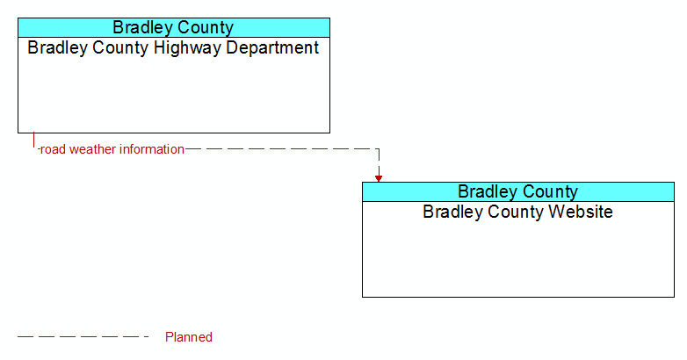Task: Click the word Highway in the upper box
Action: pos(187,48)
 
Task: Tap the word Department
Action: pos(272,47)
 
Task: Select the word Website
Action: pos(581,212)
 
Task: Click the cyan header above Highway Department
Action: pos(174,27)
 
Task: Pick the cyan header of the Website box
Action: pos(518,191)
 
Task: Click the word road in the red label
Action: pos(53,149)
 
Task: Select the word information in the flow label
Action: pos(152,149)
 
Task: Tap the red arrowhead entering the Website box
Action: pos(379,178)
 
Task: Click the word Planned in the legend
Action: pos(189,337)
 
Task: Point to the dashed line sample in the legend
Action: pos(83,337)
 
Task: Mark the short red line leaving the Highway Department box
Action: pos(33,140)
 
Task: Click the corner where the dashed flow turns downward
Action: pos(379,149)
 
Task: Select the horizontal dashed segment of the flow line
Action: pos(282,149)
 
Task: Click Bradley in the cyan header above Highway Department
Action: pos(141,27)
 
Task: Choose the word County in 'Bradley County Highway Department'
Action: pos(120,47)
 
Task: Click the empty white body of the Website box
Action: pos(518,258)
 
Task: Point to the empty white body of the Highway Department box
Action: pos(174,94)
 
